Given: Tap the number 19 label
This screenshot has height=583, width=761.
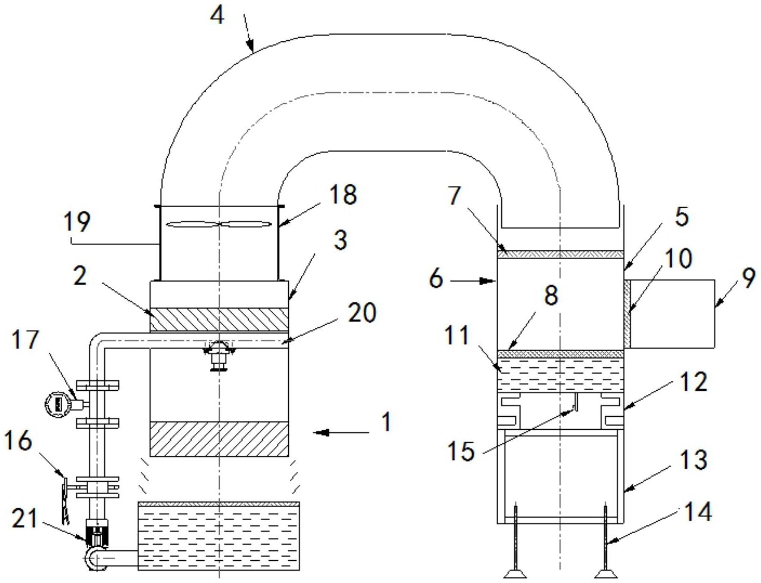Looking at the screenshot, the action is pyautogui.click(x=77, y=222).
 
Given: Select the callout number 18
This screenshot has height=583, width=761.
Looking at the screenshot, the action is pyautogui.click(x=343, y=195).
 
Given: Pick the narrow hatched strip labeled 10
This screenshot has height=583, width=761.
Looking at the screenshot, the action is pyautogui.click(x=627, y=314).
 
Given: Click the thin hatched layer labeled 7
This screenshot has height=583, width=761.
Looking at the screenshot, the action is pyautogui.click(x=559, y=254).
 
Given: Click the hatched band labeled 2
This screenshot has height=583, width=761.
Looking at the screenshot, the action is pyautogui.click(x=219, y=320).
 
